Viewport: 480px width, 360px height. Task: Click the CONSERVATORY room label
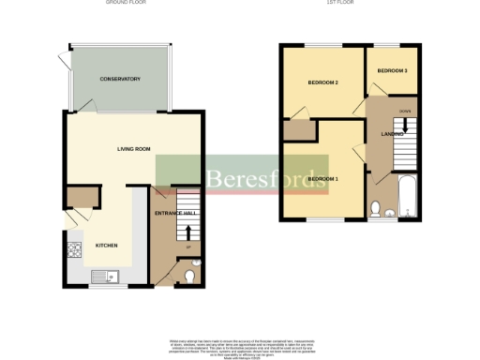[x=120, y=79]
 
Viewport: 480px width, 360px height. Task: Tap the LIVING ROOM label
[x=134, y=149]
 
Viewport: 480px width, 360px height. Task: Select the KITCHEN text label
[x=107, y=246]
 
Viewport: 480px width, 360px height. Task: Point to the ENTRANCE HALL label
[x=174, y=215]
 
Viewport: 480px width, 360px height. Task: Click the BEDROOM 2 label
[x=322, y=83]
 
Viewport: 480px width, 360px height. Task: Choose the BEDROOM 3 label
[x=392, y=71]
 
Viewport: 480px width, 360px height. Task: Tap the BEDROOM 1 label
[x=322, y=179]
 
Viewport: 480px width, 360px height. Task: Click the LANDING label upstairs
[x=392, y=134]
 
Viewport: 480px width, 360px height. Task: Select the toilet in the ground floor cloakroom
[x=190, y=276]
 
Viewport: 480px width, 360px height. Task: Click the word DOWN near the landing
[x=404, y=111]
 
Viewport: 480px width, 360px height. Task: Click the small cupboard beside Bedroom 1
[x=297, y=128]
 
